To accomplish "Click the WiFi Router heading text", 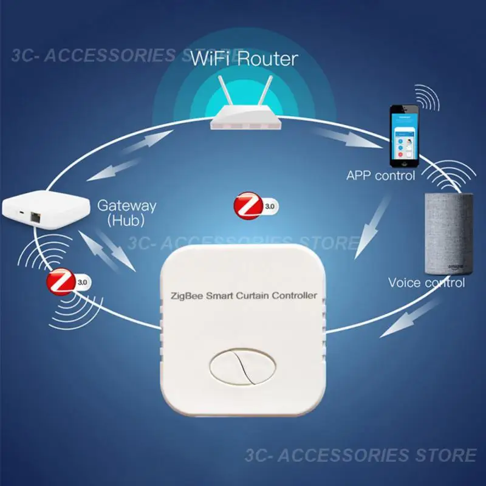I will [244, 59].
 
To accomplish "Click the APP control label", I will [381, 176].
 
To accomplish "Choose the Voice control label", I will [426, 282].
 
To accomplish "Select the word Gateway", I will [127, 205].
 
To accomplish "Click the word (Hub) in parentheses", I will [126, 221].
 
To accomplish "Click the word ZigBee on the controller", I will [185, 296].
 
